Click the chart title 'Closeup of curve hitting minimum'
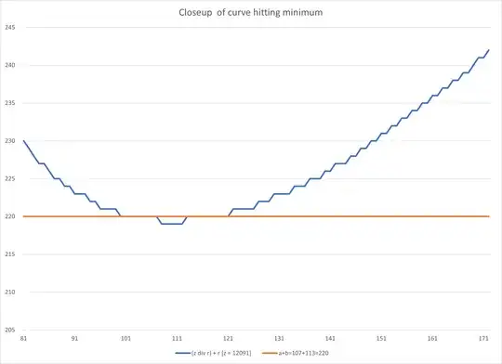click(250, 14)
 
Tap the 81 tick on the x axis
click(23, 339)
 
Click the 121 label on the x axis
click(230, 339)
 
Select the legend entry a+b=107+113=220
click(311, 354)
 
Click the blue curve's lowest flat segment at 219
click(170, 224)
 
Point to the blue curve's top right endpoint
click(488, 50)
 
